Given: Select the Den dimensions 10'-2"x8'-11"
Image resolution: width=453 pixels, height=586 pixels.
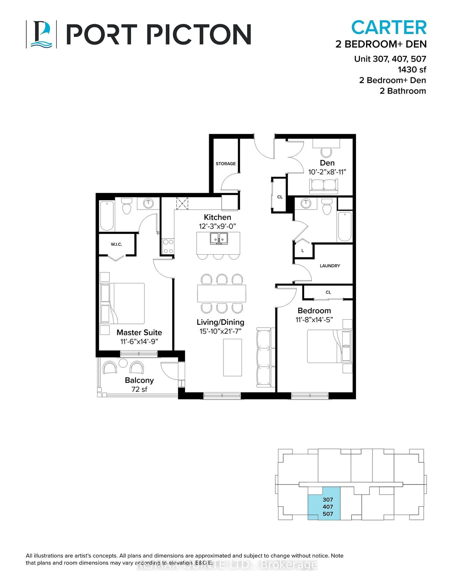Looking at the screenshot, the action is [327, 172].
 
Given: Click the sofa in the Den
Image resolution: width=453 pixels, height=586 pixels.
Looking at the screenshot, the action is [324, 186].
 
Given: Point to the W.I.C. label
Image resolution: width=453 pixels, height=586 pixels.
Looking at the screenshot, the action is [116, 244].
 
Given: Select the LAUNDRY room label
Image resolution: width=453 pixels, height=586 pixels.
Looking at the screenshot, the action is [330, 266].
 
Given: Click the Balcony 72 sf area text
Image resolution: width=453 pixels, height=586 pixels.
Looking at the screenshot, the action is [139, 385].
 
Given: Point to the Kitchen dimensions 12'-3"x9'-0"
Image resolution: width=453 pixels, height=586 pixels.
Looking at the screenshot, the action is [217, 226].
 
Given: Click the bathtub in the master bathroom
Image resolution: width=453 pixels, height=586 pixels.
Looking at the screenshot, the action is [107, 216].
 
